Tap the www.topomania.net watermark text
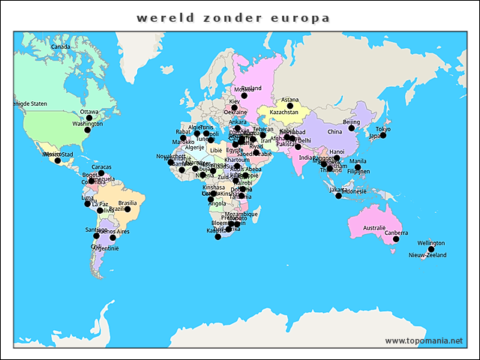coord(424,340)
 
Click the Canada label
coord(60,46)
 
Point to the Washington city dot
coord(87,130)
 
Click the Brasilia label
coord(127,202)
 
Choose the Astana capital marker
coord(290,106)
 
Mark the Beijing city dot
coord(352,128)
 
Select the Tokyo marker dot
coord(382,136)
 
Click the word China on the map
coord(334,132)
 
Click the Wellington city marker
coord(430,249)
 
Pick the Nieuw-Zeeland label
coord(427,256)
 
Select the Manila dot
coord(358,167)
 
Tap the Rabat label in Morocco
coord(184,132)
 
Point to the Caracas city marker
coord(101,173)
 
